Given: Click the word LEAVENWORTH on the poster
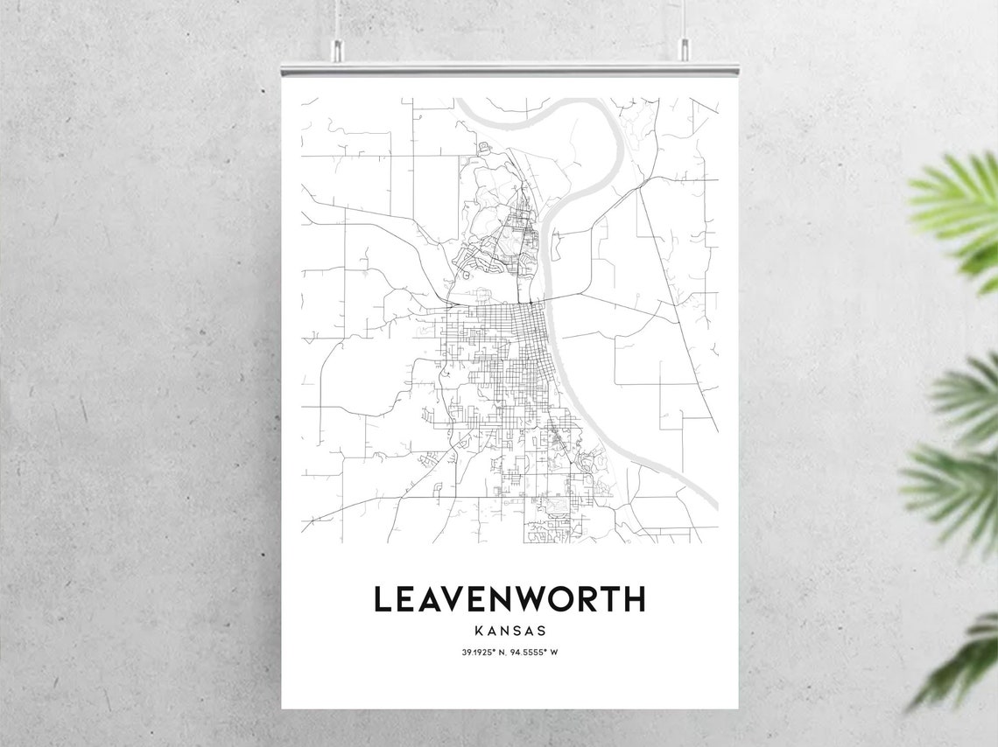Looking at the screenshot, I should pyautogui.click(x=510, y=599).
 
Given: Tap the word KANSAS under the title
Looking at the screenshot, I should pyautogui.click(x=510, y=630).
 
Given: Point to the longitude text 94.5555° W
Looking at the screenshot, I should pyautogui.click(x=536, y=652).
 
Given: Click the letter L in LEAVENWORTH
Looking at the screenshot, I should pyautogui.click(x=383, y=599).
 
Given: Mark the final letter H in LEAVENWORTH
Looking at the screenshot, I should pyautogui.click(x=635, y=599).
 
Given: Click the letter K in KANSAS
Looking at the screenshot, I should pyautogui.click(x=477, y=630).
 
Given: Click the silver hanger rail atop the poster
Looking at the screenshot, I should pyautogui.click(x=510, y=68).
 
